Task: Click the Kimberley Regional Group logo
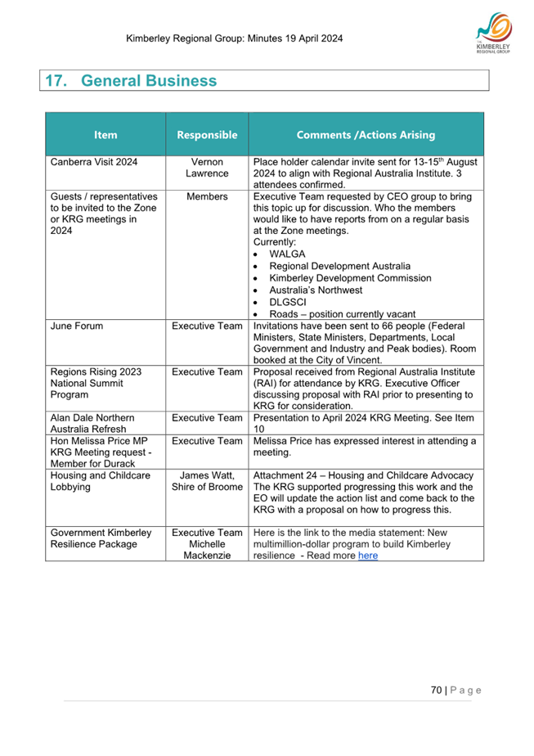(x=492, y=36)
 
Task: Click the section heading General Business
(x=131, y=81)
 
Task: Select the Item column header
(x=105, y=135)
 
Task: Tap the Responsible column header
(x=207, y=135)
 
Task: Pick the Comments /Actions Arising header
(x=366, y=135)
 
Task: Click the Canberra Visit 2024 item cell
(x=94, y=162)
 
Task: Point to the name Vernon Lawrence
(x=207, y=168)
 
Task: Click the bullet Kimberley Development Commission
(x=350, y=278)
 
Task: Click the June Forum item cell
(x=73, y=326)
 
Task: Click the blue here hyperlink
(x=368, y=556)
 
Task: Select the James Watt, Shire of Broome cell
(x=207, y=481)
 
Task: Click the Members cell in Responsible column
(x=207, y=197)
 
